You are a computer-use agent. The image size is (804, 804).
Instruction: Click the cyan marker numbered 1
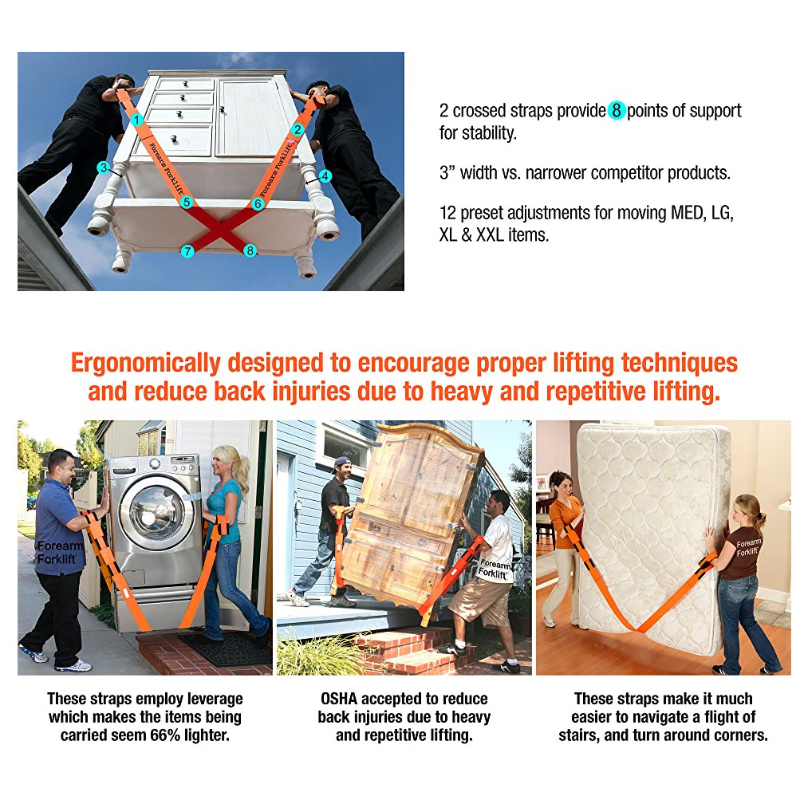[x=136, y=120]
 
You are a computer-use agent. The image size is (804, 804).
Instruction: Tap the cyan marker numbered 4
[x=325, y=176]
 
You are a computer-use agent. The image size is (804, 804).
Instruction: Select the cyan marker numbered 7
[x=187, y=251]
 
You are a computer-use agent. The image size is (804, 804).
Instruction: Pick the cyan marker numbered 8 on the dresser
[x=250, y=250]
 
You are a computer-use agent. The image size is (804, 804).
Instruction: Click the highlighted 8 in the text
[x=617, y=110]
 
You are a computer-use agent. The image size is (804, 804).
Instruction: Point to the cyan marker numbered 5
[x=187, y=202]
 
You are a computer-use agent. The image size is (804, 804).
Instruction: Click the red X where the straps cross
[x=219, y=229]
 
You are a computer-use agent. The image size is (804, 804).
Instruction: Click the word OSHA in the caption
[x=339, y=699]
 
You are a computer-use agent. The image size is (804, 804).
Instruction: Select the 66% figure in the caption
[x=165, y=735]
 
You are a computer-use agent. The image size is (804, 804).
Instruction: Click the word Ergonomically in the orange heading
[x=145, y=364]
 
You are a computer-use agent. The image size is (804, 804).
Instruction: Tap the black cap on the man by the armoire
[x=342, y=462]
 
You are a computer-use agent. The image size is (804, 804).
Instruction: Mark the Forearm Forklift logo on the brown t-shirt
[x=748, y=547]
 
